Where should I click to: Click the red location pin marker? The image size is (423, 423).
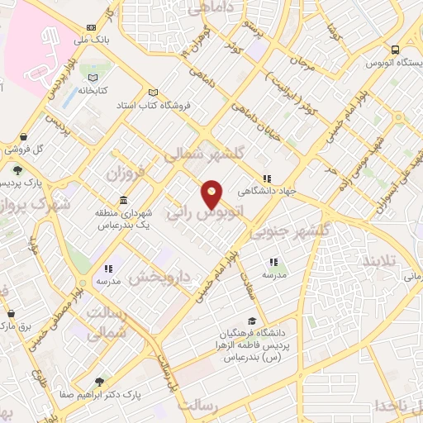212,194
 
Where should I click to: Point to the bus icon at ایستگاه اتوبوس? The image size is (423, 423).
395,50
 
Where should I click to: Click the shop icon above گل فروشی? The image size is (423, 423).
23,137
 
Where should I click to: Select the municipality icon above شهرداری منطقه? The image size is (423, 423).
123,201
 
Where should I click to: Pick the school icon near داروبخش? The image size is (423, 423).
108,269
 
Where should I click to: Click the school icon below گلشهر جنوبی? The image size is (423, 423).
273,263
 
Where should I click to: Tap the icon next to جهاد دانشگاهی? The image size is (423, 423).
267,178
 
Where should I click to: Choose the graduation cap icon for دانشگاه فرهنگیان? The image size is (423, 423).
251,321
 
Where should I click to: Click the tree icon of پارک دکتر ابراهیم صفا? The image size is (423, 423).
100,382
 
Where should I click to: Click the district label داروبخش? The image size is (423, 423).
153,278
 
